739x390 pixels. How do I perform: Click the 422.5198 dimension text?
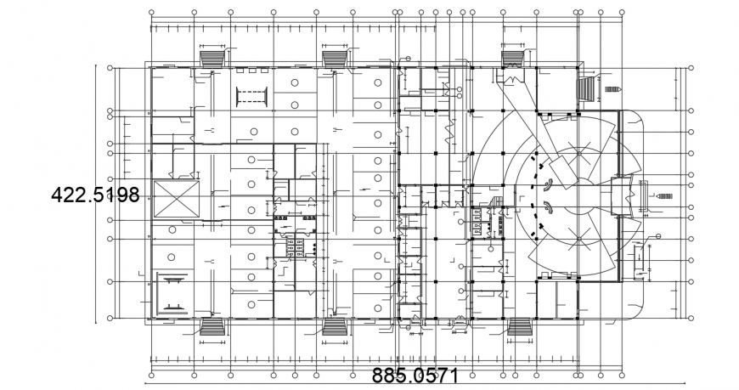point(95,195)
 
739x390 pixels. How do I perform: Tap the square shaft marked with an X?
point(174,201)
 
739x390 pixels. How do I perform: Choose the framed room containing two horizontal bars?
point(175,293)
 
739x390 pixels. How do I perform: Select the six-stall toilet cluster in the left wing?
point(301,246)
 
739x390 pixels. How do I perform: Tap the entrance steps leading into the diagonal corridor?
point(512,59)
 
